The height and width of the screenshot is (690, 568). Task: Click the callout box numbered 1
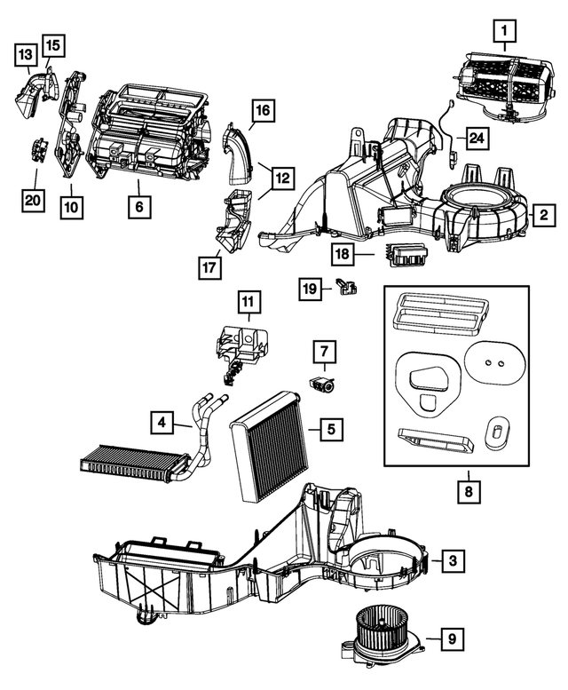(x=504, y=34)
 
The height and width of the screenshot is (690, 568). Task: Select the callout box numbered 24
(x=477, y=139)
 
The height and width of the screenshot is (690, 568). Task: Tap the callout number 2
(x=540, y=214)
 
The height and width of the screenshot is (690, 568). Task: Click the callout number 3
(x=451, y=560)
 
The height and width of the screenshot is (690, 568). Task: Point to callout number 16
(x=262, y=113)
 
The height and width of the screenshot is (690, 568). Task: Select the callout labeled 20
(x=33, y=202)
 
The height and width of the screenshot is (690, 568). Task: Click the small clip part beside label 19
(x=345, y=286)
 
